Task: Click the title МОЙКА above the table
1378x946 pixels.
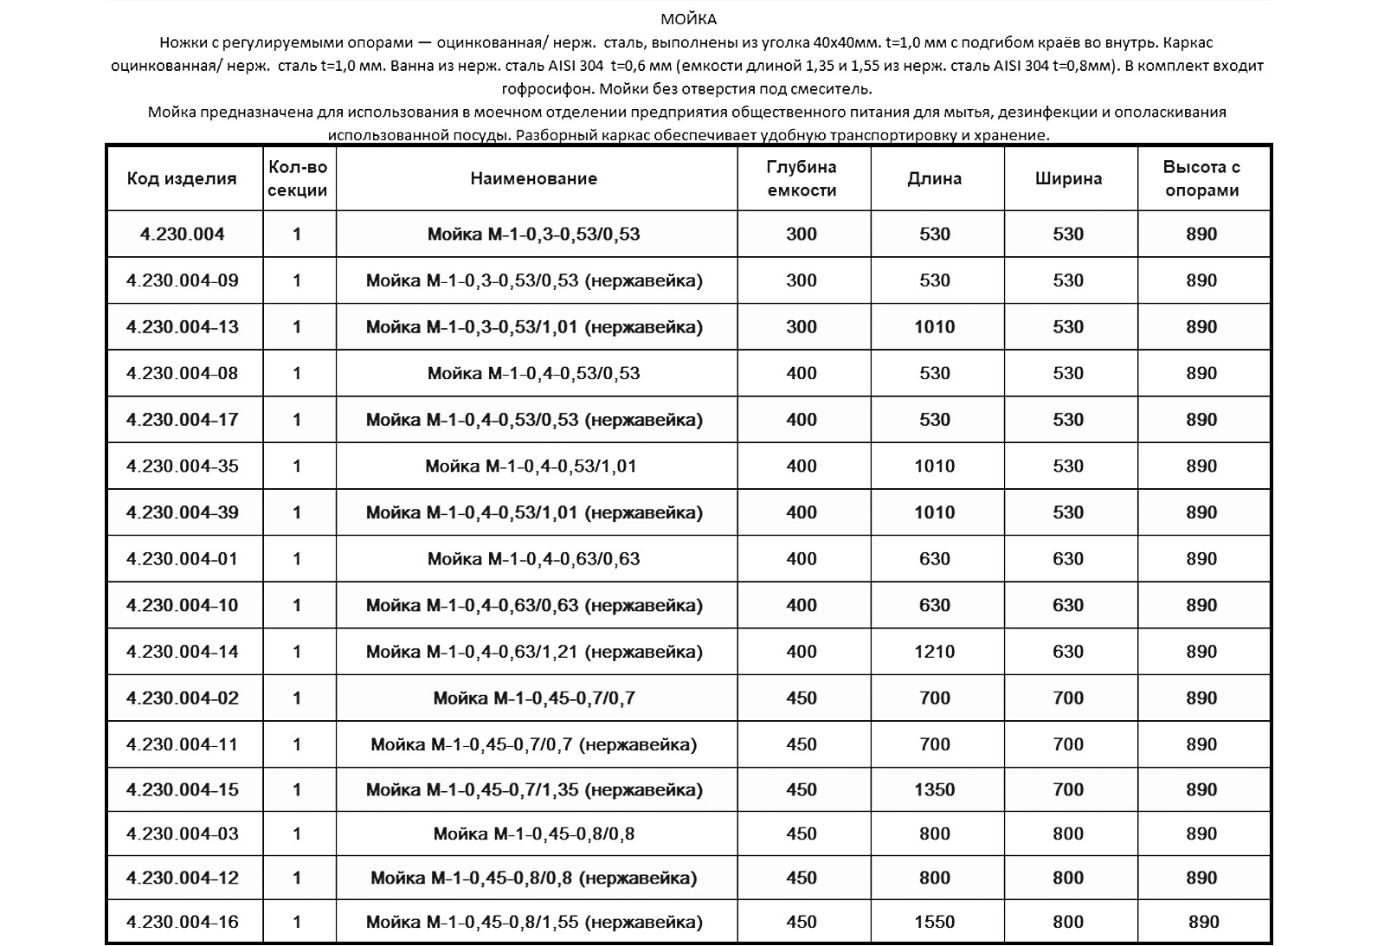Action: tap(688, 19)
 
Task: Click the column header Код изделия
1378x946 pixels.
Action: tap(182, 179)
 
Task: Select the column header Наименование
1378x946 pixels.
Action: tap(534, 179)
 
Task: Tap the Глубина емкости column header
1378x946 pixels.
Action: tap(802, 179)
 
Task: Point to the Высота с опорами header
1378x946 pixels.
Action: tap(1201, 179)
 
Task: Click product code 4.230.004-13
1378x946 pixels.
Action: tap(182, 327)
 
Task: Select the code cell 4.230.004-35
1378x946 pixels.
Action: tap(182, 467)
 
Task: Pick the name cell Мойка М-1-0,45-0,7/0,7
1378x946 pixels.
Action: tap(534, 698)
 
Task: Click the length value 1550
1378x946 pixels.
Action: tap(935, 923)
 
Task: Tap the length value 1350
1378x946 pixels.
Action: tap(935, 790)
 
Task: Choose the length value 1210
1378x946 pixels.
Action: tap(935, 652)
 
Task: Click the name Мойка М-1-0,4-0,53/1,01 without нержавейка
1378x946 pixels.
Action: tap(531, 467)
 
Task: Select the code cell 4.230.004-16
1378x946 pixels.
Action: tap(182, 923)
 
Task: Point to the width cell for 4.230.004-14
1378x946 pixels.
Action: tap(1068, 652)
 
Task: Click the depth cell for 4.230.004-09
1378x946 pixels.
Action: tap(802, 280)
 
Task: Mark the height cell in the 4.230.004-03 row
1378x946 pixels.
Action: tap(1201, 834)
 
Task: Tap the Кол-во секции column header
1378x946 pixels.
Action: tap(298, 179)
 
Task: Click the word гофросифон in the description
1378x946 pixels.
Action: tap(546, 88)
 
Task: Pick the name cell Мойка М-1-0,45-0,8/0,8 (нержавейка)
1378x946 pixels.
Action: tap(534, 878)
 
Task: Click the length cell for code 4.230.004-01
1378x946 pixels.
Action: tap(935, 559)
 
